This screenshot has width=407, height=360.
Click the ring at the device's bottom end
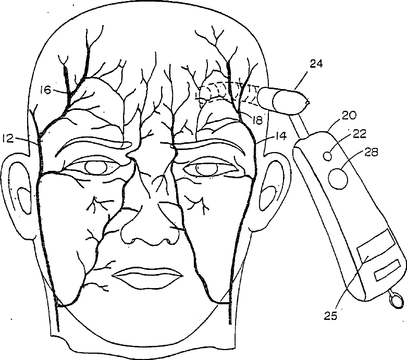(395, 300)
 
